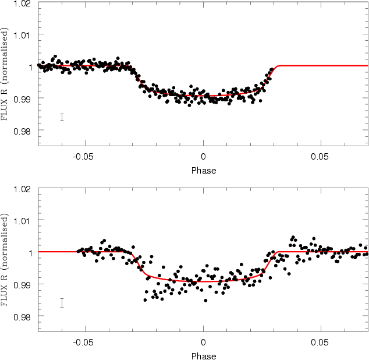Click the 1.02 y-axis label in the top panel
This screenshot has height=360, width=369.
[22, 3]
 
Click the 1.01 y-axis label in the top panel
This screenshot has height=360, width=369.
[22, 36]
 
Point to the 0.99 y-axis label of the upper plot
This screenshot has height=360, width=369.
[22, 100]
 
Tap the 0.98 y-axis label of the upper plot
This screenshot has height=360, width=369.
[22, 131]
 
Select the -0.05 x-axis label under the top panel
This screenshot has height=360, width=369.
[83, 157]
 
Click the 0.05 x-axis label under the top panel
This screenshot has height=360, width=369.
[320, 157]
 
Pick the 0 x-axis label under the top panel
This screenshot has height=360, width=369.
[203, 157]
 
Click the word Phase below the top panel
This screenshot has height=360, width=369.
[204, 171]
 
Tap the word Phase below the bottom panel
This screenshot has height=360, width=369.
[204, 357]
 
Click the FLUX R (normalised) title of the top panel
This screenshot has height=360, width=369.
[5, 74]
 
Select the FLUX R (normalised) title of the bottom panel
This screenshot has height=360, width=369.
[5, 260]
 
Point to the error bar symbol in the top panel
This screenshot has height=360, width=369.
[62, 117]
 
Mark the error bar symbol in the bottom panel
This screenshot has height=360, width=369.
[62, 303]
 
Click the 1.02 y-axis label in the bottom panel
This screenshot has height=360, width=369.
[22, 189]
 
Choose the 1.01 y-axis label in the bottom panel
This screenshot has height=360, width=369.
[22, 221]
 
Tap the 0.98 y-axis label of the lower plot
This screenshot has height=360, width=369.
[22, 317]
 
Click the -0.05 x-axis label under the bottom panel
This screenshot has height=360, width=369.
[83, 343]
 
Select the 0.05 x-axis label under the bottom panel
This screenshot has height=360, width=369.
[320, 343]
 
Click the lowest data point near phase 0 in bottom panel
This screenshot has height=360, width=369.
[205, 301]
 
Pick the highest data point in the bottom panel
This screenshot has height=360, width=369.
[293, 237]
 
